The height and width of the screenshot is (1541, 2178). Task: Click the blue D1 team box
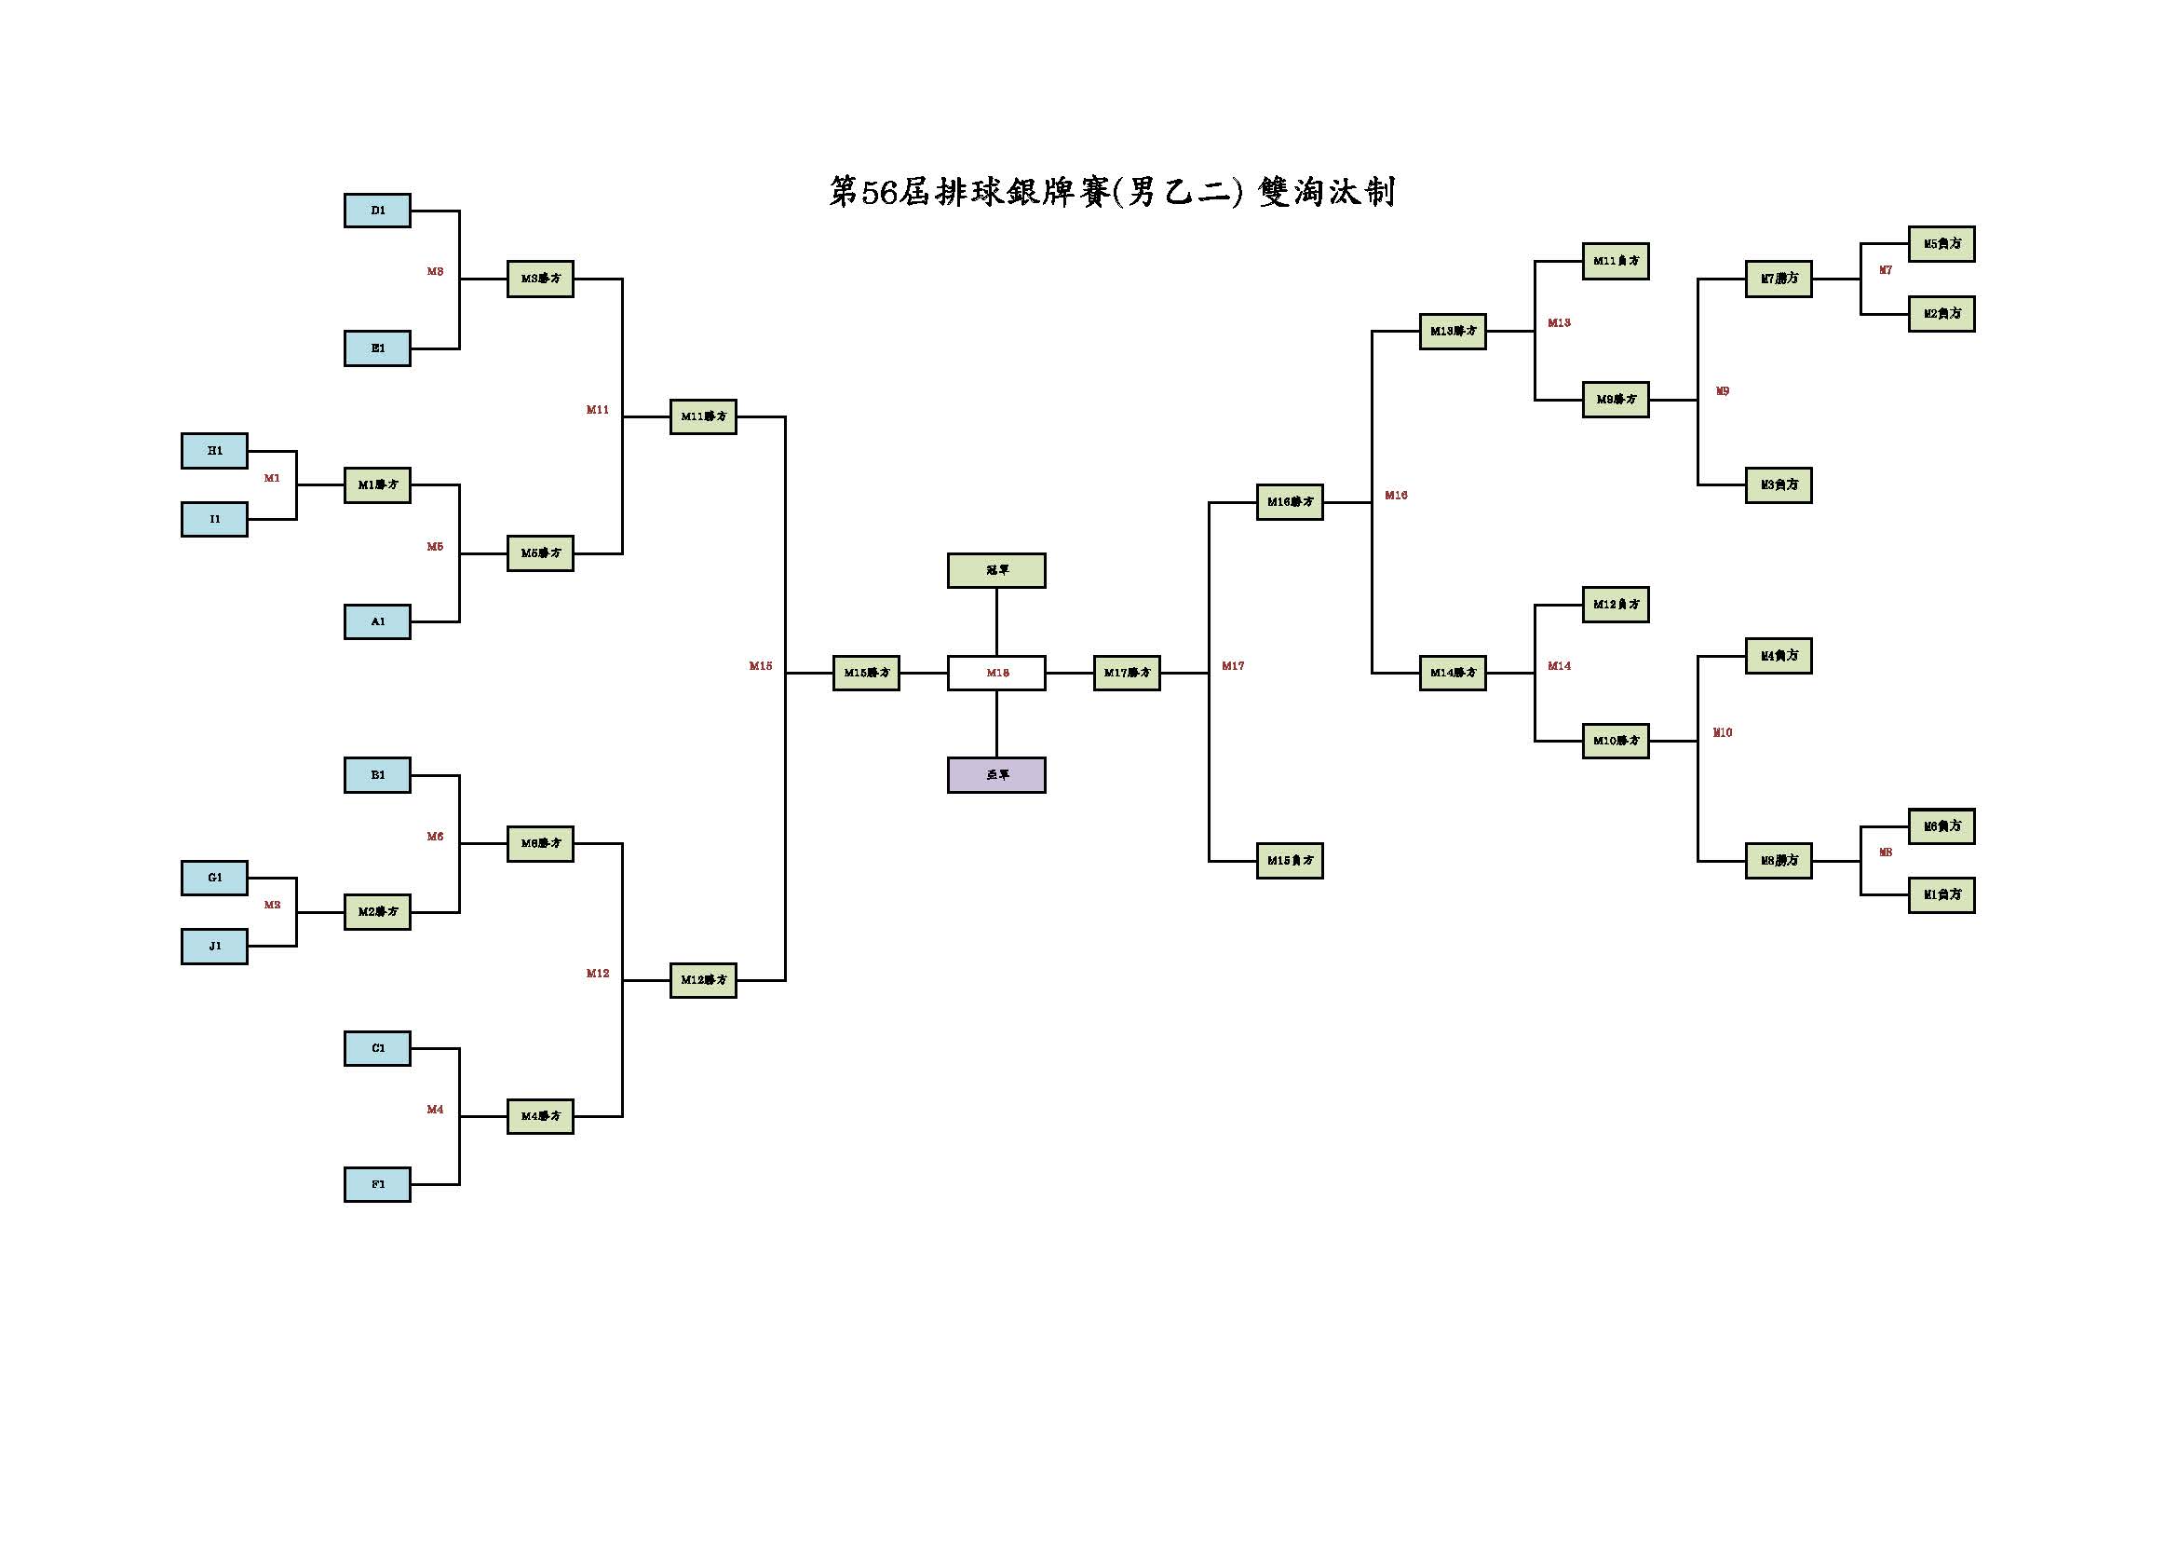pyautogui.click(x=376, y=211)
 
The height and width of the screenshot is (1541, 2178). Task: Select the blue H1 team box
pyautogui.click(x=214, y=451)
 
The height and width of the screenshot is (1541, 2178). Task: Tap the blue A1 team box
pyautogui.click(x=376, y=621)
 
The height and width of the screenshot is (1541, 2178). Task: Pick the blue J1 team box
pyautogui.click(x=214, y=946)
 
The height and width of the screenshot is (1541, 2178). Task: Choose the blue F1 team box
pyautogui.click(x=376, y=1184)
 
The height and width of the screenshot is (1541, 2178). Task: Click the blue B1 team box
pyautogui.click(x=376, y=775)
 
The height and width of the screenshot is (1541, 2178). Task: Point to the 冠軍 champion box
pyautogui.click(x=996, y=570)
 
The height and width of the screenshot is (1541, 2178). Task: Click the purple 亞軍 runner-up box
pyautogui.click(x=996, y=775)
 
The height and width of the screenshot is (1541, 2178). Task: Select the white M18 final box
pyautogui.click(x=996, y=673)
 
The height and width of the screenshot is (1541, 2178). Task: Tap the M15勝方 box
pyautogui.click(x=866, y=673)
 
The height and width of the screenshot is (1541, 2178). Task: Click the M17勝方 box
pyautogui.click(x=1126, y=673)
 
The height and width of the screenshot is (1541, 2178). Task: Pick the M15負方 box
pyautogui.click(x=1289, y=861)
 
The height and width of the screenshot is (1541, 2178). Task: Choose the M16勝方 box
pyautogui.click(x=1289, y=502)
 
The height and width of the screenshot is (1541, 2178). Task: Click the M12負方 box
pyautogui.click(x=1616, y=605)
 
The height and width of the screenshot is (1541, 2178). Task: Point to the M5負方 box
pyautogui.click(x=1941, y=244)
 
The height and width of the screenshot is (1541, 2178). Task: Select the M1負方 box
pyautogui.click(x=1941, y=894)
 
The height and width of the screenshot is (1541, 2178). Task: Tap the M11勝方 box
pyautogui.click(x=703, y=416)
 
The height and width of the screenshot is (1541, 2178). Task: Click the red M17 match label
pyautogui.click(x=1232, y=666)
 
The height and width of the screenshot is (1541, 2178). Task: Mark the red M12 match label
pyautogui.click(x=598, y=974)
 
